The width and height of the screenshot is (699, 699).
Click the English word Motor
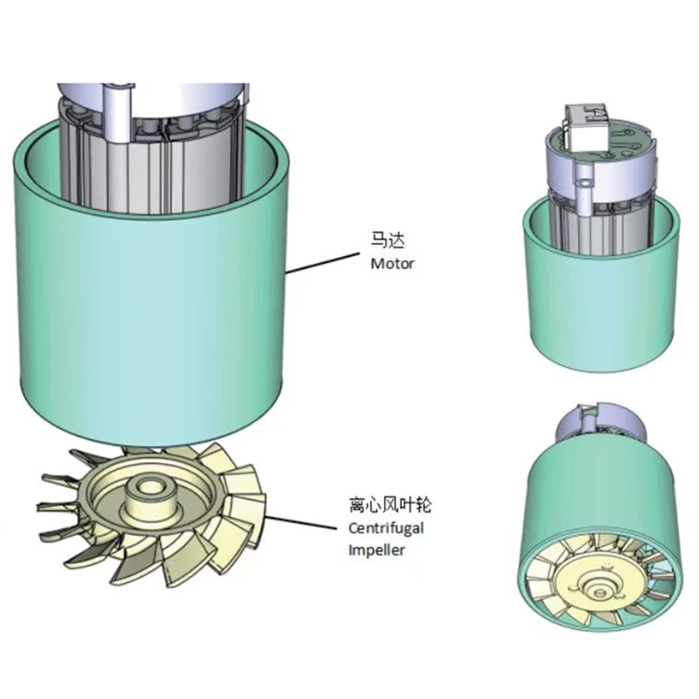[392, 264]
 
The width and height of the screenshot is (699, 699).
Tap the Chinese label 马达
[388, 240]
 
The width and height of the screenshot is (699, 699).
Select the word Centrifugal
[386, 528]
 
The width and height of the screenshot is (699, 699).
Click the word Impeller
[377, 550]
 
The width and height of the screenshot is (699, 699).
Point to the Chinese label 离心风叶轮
[391, 505]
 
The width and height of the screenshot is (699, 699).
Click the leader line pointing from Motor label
[322, 263]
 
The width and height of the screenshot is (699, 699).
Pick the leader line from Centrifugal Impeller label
[301, 523]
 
